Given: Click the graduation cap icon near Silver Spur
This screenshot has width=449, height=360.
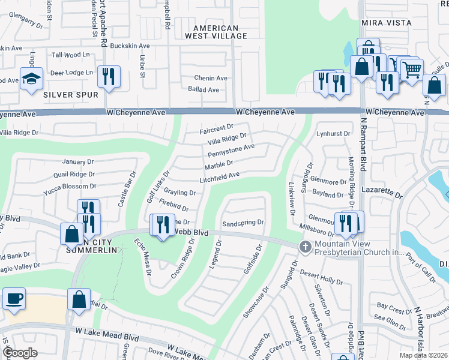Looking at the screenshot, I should (x=31, y=79).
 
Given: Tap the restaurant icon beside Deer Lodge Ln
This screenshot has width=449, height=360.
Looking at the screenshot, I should (x=109, y=76).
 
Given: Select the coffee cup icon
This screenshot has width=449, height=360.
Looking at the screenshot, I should (x=14, y=298).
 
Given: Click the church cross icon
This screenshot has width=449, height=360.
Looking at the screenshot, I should (x=305, y=247).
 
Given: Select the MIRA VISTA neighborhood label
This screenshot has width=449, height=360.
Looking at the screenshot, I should (x=386, y=22).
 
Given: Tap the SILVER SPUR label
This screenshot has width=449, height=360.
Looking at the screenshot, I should (x=70, y=95).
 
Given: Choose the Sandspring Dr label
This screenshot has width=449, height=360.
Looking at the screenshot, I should (x=243, y=223).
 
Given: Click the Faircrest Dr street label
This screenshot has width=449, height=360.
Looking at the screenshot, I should (x=216, y=128).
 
